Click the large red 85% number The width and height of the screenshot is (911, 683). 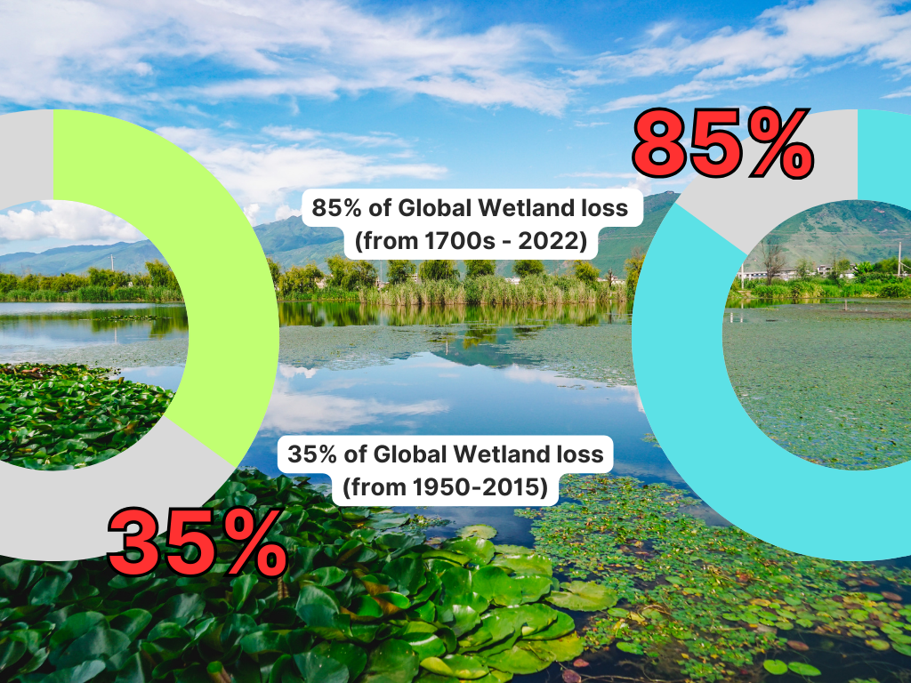click(x=722, y=143)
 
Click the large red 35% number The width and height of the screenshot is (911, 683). click(x=198, y=542)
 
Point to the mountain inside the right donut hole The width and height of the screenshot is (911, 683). click(x=836, y=232)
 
